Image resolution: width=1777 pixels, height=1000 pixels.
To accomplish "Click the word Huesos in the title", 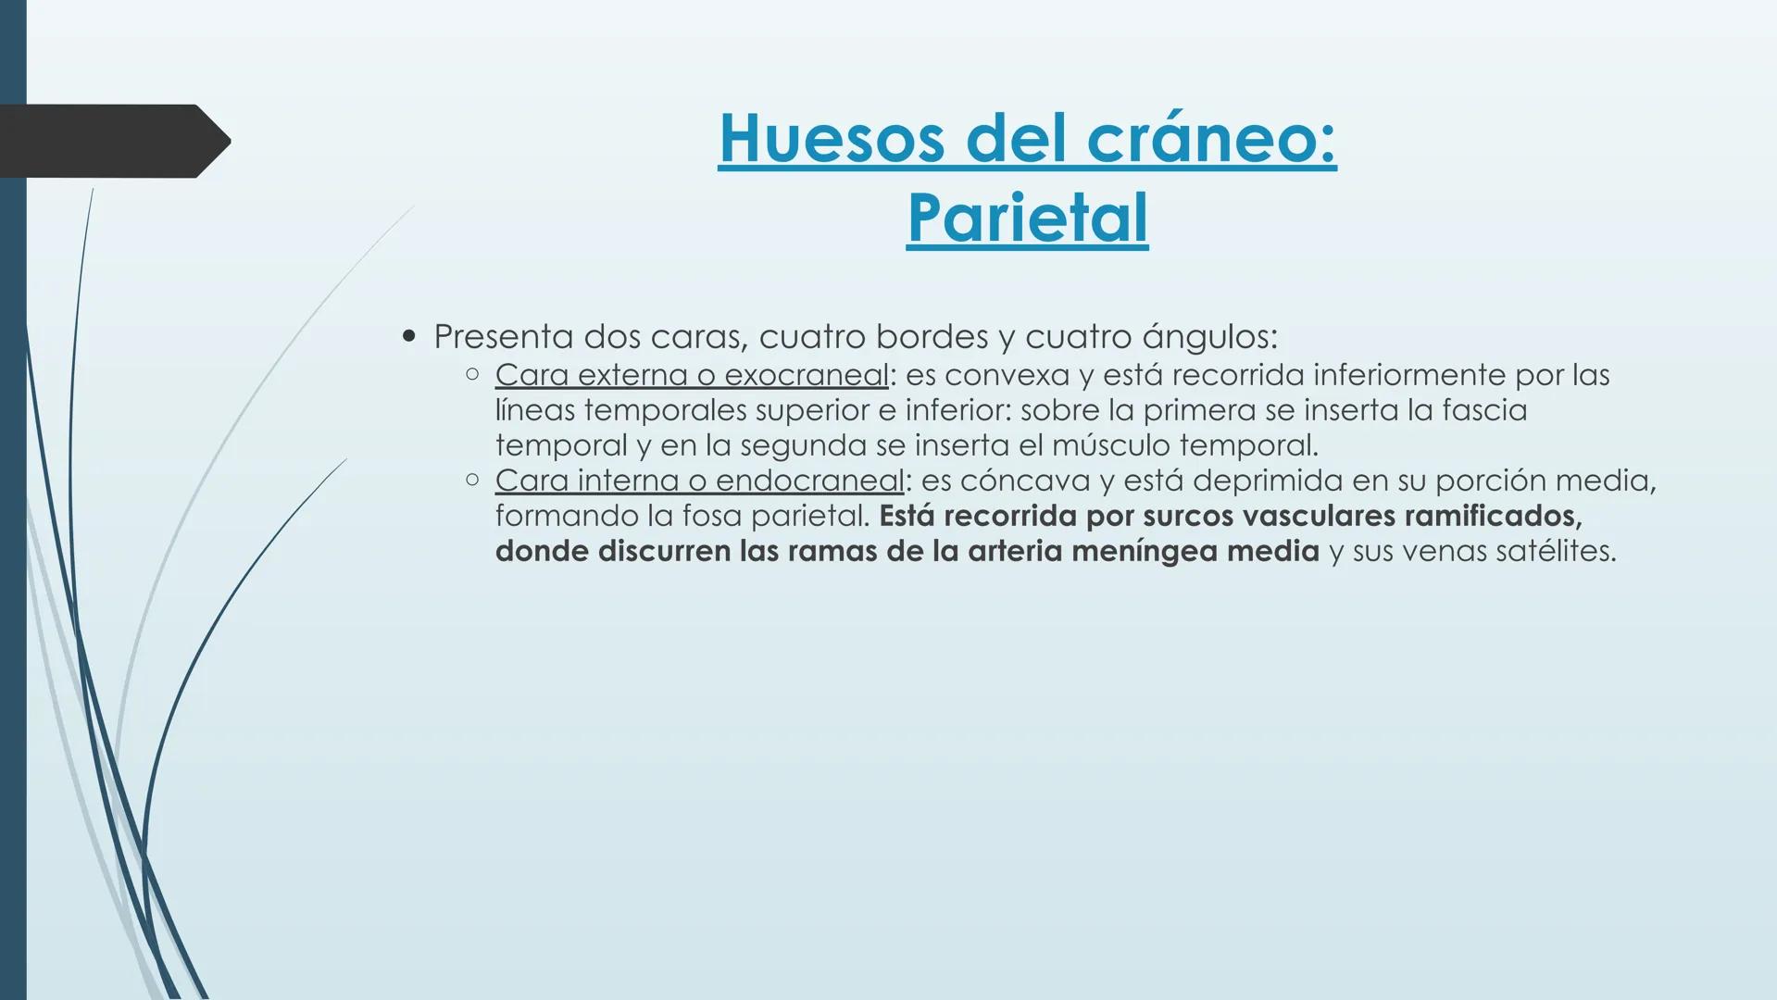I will [x=832, y=139].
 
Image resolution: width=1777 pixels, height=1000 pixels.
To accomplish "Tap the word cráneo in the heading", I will [x=1211, y=139].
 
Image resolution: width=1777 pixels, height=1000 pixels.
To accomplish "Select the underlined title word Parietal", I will [x=1027, y=219].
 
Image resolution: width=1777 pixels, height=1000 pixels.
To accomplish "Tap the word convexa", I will [x=1007, y=375].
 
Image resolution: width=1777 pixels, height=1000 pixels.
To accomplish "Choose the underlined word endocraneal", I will [x=809, y=481].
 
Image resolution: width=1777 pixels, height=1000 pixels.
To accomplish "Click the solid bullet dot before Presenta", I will [x=409, y=336].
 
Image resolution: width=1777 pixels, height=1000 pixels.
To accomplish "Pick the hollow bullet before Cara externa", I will [x=472, y=374].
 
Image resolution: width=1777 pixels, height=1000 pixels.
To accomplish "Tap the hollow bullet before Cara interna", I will [x=472, y=480].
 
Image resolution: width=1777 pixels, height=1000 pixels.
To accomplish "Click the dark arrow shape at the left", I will [x=111, y=141].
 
